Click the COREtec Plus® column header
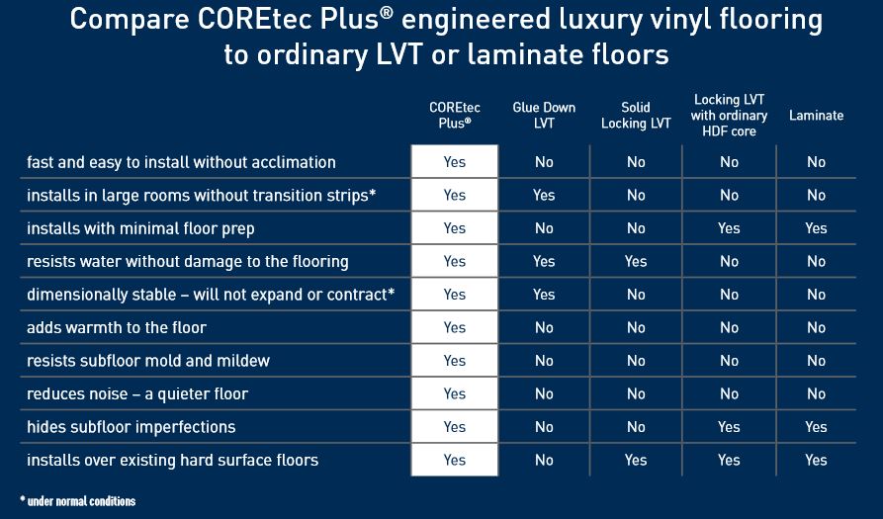(x=454, y=116)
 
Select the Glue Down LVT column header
(x=544, y=116)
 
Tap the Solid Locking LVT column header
(x=636, y=116)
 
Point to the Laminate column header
(x=816, y=116)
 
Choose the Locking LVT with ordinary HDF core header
(x=730, y=116)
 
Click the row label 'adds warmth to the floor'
(x=117, y=327)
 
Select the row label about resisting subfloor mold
(x=148, y=361)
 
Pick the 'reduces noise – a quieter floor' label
(x=137, y=393)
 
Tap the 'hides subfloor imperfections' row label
(x=132, y=427)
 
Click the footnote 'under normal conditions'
(x=78, y=501)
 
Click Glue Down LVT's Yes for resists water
(x=544, y=262)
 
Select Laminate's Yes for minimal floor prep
(x=816, y=228)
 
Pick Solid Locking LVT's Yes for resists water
(x=636, y=262)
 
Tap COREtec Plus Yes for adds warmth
(x=454, y=327)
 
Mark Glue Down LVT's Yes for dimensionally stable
(x=544, y=295)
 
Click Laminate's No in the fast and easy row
(x=816, y=162)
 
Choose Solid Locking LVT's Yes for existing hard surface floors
(x=636, y=460)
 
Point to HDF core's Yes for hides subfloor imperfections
(x=730, y=427)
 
